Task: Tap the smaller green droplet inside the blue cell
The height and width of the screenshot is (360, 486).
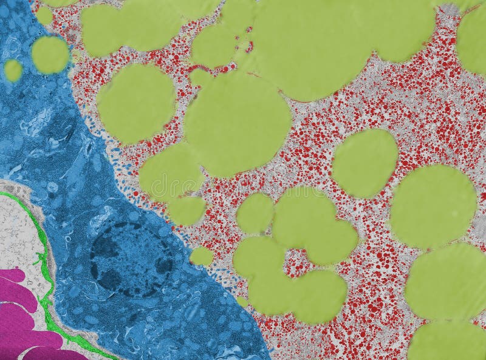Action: coord(13,70)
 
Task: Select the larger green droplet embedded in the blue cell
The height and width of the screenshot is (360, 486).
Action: coord(50,55)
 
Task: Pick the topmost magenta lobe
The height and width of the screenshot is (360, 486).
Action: coord(12,276)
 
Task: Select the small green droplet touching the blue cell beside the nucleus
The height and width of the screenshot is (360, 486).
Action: coord(201,256)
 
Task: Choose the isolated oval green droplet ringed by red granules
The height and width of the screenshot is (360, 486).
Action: coord(365,163)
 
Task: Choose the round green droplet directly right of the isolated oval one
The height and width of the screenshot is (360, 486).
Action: coord(433,206)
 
